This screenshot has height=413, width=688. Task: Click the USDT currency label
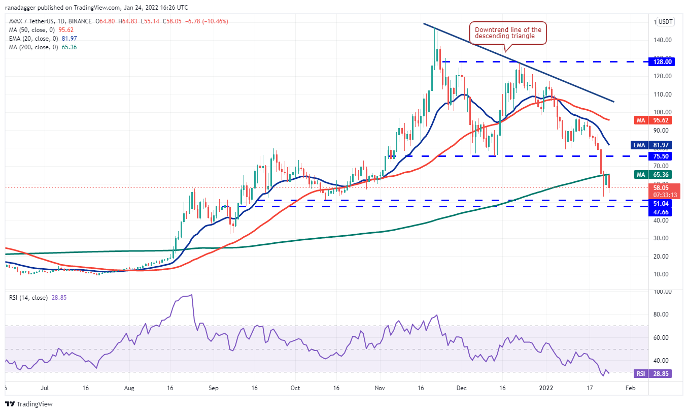coord(665,22)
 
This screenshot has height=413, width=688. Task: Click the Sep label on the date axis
coord(213,388)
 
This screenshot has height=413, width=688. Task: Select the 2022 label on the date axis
coord(546,388)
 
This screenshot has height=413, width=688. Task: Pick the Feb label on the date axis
coord(630,388)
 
